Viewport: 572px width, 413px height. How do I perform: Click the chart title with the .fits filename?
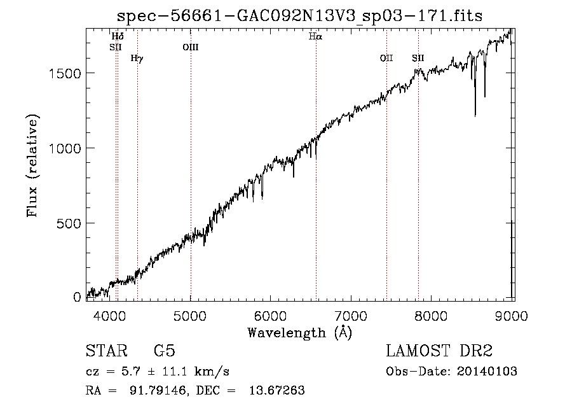[299, 16]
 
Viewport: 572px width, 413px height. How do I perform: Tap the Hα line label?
[315, 36]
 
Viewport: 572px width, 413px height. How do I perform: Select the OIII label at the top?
[191, 47]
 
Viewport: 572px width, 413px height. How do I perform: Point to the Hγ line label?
[137, 59]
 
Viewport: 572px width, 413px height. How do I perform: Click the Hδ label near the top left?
[118, 36]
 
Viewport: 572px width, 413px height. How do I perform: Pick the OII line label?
[386, 58]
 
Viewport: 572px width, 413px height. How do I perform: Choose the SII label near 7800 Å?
[418, 58]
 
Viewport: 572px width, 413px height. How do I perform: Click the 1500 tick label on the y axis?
[65, 74]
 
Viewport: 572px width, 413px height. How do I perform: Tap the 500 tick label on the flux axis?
[69, 223]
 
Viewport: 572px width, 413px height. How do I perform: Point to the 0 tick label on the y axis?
[77, 297]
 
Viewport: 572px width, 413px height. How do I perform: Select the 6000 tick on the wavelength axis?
[270, 316]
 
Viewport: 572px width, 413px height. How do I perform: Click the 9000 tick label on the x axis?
[512, 316]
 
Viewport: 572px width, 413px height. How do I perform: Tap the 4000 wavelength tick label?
[109, 316]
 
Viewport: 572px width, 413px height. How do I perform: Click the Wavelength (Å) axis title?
[299, 333]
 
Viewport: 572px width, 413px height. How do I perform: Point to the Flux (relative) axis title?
[32, 166]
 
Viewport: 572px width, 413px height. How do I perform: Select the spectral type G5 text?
[165, 351]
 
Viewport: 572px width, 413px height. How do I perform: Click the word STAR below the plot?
[107, 351]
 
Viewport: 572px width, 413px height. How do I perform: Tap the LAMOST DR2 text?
[439, 351]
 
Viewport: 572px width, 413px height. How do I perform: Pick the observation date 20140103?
[487, 372]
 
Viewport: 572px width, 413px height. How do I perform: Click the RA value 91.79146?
[158, 390]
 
